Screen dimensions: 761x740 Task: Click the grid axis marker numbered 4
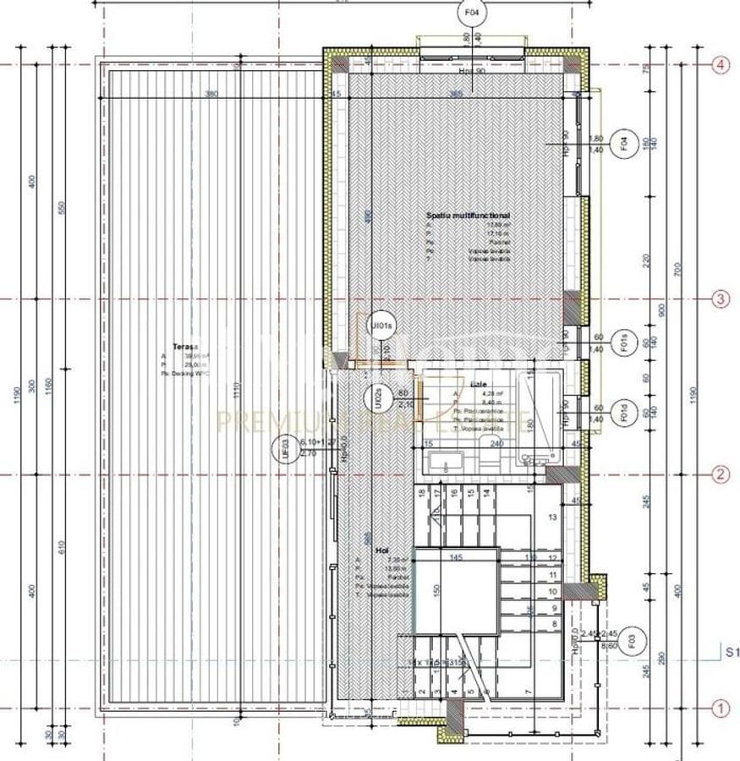720,65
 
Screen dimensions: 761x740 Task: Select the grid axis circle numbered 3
720,298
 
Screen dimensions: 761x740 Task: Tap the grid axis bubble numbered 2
720,474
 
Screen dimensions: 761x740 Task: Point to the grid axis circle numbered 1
720,709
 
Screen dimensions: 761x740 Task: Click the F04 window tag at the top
471,14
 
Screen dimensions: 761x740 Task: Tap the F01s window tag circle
622,342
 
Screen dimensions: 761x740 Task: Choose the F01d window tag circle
622,412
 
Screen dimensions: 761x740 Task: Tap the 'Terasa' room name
185,346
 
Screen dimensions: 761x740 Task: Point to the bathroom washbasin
445,462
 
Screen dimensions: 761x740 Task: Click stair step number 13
553,517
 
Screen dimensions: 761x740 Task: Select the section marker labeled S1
732,651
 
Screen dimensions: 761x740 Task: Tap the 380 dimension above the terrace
211,94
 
